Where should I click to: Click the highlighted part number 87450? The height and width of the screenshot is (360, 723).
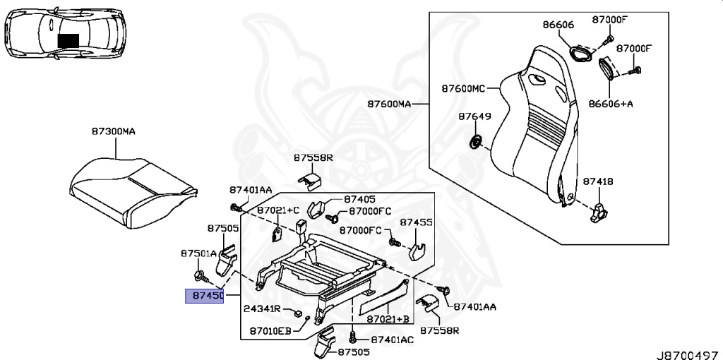(204, 296)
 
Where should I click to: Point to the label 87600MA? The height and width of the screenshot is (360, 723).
(388, 104)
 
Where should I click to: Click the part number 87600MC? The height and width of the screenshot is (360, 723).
(463, 89)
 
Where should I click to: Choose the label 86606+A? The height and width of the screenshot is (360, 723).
(611, 103)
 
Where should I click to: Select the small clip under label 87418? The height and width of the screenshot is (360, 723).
(598, 211)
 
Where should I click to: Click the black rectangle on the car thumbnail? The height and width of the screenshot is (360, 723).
(68, 40)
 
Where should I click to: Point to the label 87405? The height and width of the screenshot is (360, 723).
(360, 200)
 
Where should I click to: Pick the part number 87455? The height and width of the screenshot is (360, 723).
(417, 222)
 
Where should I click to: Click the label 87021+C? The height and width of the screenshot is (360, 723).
(278, 210)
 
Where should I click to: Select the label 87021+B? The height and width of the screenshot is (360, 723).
(388, 319)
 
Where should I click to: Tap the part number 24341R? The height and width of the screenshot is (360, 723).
(263, 309)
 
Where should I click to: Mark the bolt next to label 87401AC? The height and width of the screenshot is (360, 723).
(352, 340)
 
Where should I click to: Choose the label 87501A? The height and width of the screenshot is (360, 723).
(198, 253)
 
